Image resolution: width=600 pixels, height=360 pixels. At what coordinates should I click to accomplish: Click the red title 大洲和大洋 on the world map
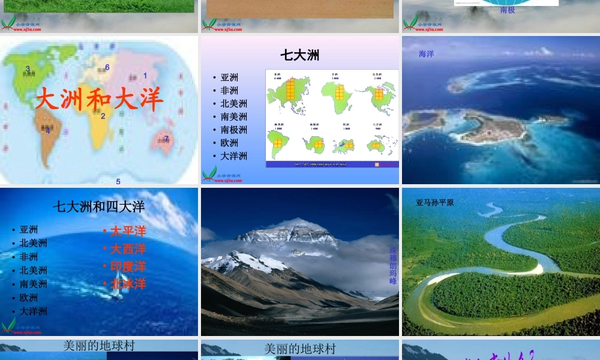(x=99, y=99)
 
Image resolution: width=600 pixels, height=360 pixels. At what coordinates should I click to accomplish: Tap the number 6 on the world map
(x=107, y=67)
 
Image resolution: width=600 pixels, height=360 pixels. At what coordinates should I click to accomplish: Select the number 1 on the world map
(x=145, y=76)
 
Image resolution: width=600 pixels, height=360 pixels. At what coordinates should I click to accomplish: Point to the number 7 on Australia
(x=166, y=139)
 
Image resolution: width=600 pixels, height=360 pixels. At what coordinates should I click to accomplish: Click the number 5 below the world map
(x=118, y=181)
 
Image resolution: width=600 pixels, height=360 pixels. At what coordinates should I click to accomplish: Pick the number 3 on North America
(x=28, y=69)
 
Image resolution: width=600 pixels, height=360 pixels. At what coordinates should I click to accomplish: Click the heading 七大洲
(x=299, y=55)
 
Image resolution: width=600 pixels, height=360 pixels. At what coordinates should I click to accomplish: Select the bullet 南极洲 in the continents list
(x=233, y=130)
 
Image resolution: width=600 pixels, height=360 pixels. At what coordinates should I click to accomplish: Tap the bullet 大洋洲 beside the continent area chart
(x=233, y=156)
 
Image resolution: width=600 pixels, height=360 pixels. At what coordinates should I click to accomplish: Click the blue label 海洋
(x=426, y=54)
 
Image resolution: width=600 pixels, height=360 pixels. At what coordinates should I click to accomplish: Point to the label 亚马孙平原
(x=434, y=203)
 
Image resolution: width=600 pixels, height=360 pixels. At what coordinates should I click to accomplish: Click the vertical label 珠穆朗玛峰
(x=393, y=264)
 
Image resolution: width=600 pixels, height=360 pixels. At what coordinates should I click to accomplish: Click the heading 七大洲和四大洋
(x=98, y=207)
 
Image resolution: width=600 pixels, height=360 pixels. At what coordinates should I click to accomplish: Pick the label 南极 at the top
(x=507, y=10)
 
